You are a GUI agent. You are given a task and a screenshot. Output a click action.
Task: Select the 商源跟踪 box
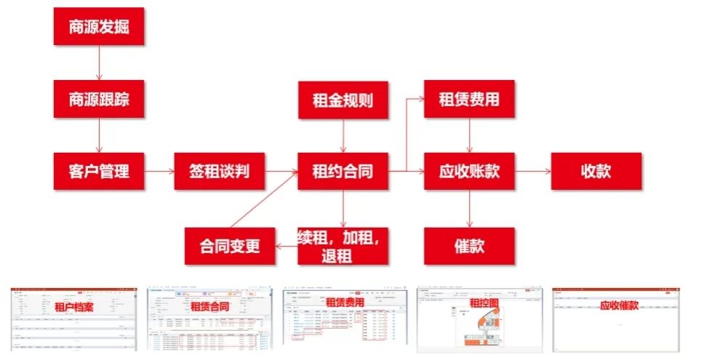[x=100, y=100]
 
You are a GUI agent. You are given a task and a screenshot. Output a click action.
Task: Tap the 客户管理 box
[x=100, y=172]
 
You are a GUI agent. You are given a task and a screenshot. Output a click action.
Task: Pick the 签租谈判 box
[x=219, y=172]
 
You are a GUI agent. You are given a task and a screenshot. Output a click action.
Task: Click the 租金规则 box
[x=343, y=100]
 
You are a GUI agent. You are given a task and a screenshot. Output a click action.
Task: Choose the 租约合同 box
[x=343, y=172]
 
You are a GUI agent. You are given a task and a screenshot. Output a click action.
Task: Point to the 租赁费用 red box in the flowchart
[x=469, y=100]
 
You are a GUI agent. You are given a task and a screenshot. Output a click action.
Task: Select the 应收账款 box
[x=469, y=172]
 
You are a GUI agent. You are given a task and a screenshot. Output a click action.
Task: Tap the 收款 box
[x=596, y=172]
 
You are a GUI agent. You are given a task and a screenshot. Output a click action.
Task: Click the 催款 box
[x=469, y=245]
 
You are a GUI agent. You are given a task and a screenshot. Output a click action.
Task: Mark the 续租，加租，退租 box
[x=343, y=245]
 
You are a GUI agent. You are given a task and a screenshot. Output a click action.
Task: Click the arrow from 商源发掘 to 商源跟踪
[x=100, y=63]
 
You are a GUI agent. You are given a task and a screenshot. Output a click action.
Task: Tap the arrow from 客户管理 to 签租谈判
[x=159, y=172]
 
